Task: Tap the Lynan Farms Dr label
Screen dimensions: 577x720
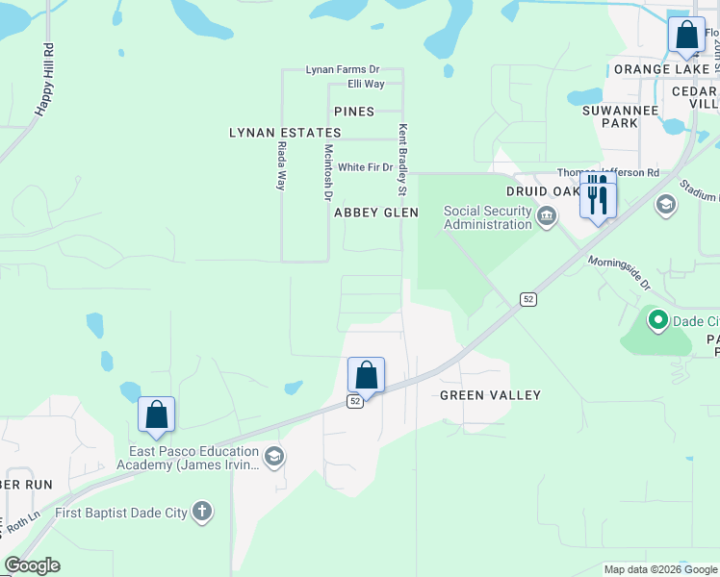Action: (344, 70)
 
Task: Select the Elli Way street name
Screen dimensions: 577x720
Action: (366, 85)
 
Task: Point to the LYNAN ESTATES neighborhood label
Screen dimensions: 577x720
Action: (274, 133)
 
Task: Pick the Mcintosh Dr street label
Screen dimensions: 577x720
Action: (328, 172)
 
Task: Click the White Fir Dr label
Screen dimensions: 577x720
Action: (366, 167)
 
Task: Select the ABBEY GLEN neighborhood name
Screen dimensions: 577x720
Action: (376, 213)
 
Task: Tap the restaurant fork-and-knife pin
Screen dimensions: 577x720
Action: (598, 195)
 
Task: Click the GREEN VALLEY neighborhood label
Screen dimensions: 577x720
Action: (490, 395)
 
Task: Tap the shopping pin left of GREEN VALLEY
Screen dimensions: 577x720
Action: (366, 374)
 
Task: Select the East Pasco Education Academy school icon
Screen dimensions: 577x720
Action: (274, 457)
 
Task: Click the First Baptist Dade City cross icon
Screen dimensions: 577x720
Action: (202, 512)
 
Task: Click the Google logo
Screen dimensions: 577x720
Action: (32, 565)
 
